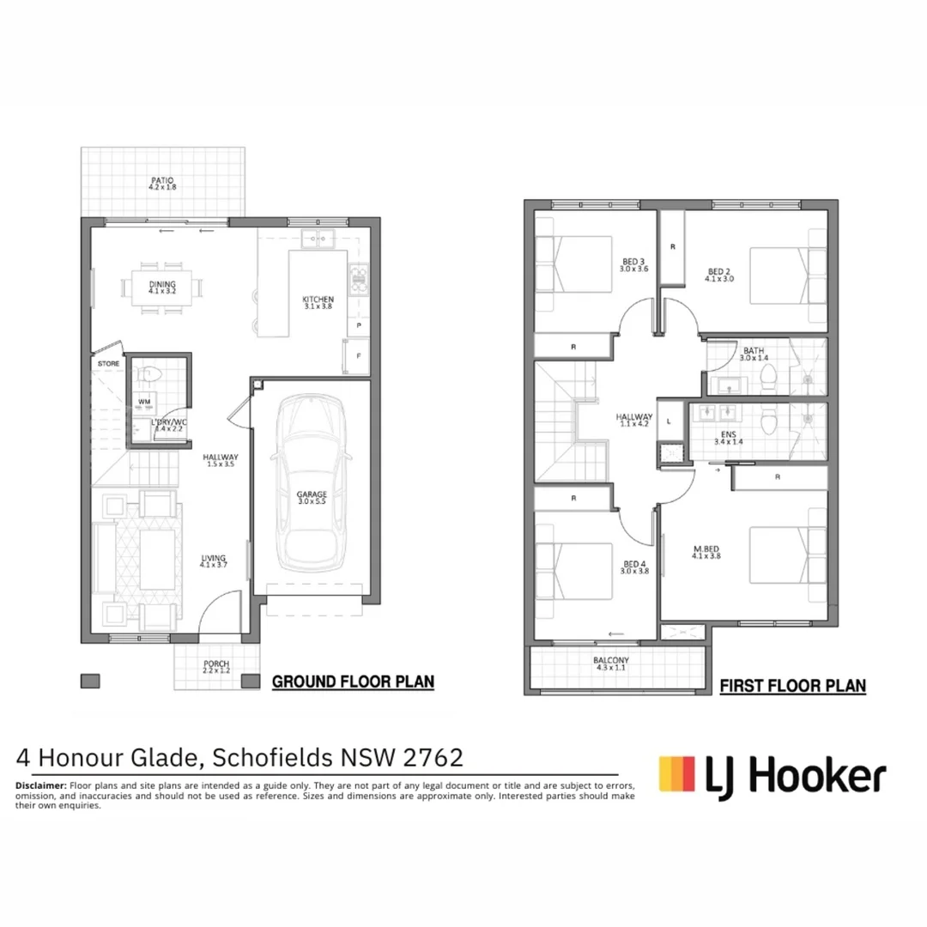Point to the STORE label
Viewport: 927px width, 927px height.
pyautogui.click(x=109, y=364)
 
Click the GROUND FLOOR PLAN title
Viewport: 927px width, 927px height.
pyautogui.click(x=353, y=682)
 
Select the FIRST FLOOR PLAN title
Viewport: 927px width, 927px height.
pyautogui.click(x=792, y=686)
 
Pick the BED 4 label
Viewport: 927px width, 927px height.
pyautogui.click(x=634, y=567)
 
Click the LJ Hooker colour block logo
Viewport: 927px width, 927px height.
pyautogui.click(x=677, y=773)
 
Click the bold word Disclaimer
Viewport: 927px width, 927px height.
pyautogui.click(x=41, y=785)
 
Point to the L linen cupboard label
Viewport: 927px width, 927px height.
pyautogui.click(x=669, y=421)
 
